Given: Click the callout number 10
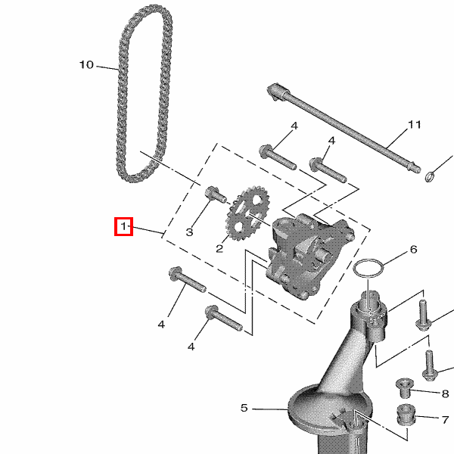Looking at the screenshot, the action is coord(86,64).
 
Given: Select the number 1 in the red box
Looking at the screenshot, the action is coord(123,226).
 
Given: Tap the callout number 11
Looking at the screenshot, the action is coord(414,125).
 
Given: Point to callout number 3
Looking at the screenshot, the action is coord(189,232).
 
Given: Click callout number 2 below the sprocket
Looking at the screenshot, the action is coord(219,248).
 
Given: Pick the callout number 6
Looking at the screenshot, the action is coord(413,249).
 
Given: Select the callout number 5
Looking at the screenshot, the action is coord(244,408).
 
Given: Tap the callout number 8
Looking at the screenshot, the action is coord(446,393).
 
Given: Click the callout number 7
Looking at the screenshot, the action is coord(446,419).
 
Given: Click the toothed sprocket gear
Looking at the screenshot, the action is coord(247,214).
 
